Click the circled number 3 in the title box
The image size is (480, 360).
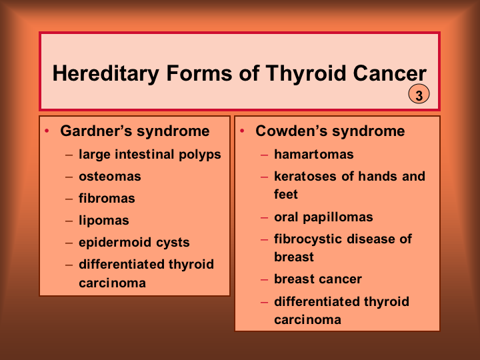pos(419,94)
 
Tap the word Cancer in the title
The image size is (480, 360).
pos(389,73)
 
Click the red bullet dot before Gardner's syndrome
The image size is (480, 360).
pos(47,131)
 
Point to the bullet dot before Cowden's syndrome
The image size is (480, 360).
pos(242,131)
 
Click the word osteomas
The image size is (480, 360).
pos(110,177)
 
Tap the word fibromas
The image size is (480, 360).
pos(107,198)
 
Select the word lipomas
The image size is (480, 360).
pos(104,221)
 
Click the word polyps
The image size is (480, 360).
pos(200,155)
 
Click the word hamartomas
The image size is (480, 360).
pos(314,154)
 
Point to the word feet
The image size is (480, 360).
pos(286,195)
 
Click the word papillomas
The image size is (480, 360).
pos(338,217)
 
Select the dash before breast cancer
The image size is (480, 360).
pos(264,279)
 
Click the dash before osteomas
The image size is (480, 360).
pos(69,177)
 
